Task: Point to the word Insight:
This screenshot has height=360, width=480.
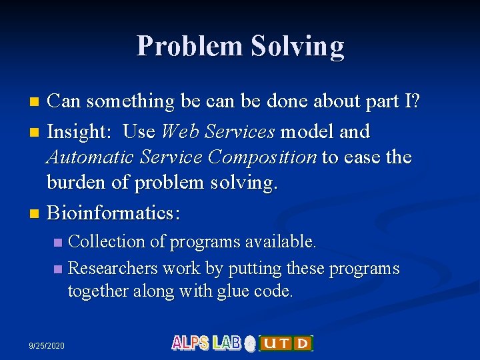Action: (80, 132)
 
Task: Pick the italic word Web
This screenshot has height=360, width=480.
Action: (181, 132)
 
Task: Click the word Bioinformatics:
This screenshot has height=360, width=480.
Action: (114, 214)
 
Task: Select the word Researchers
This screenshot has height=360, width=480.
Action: (112, 269)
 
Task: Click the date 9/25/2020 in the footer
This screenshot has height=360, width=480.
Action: (47, 345)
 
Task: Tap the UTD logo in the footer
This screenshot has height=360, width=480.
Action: (285, 343)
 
